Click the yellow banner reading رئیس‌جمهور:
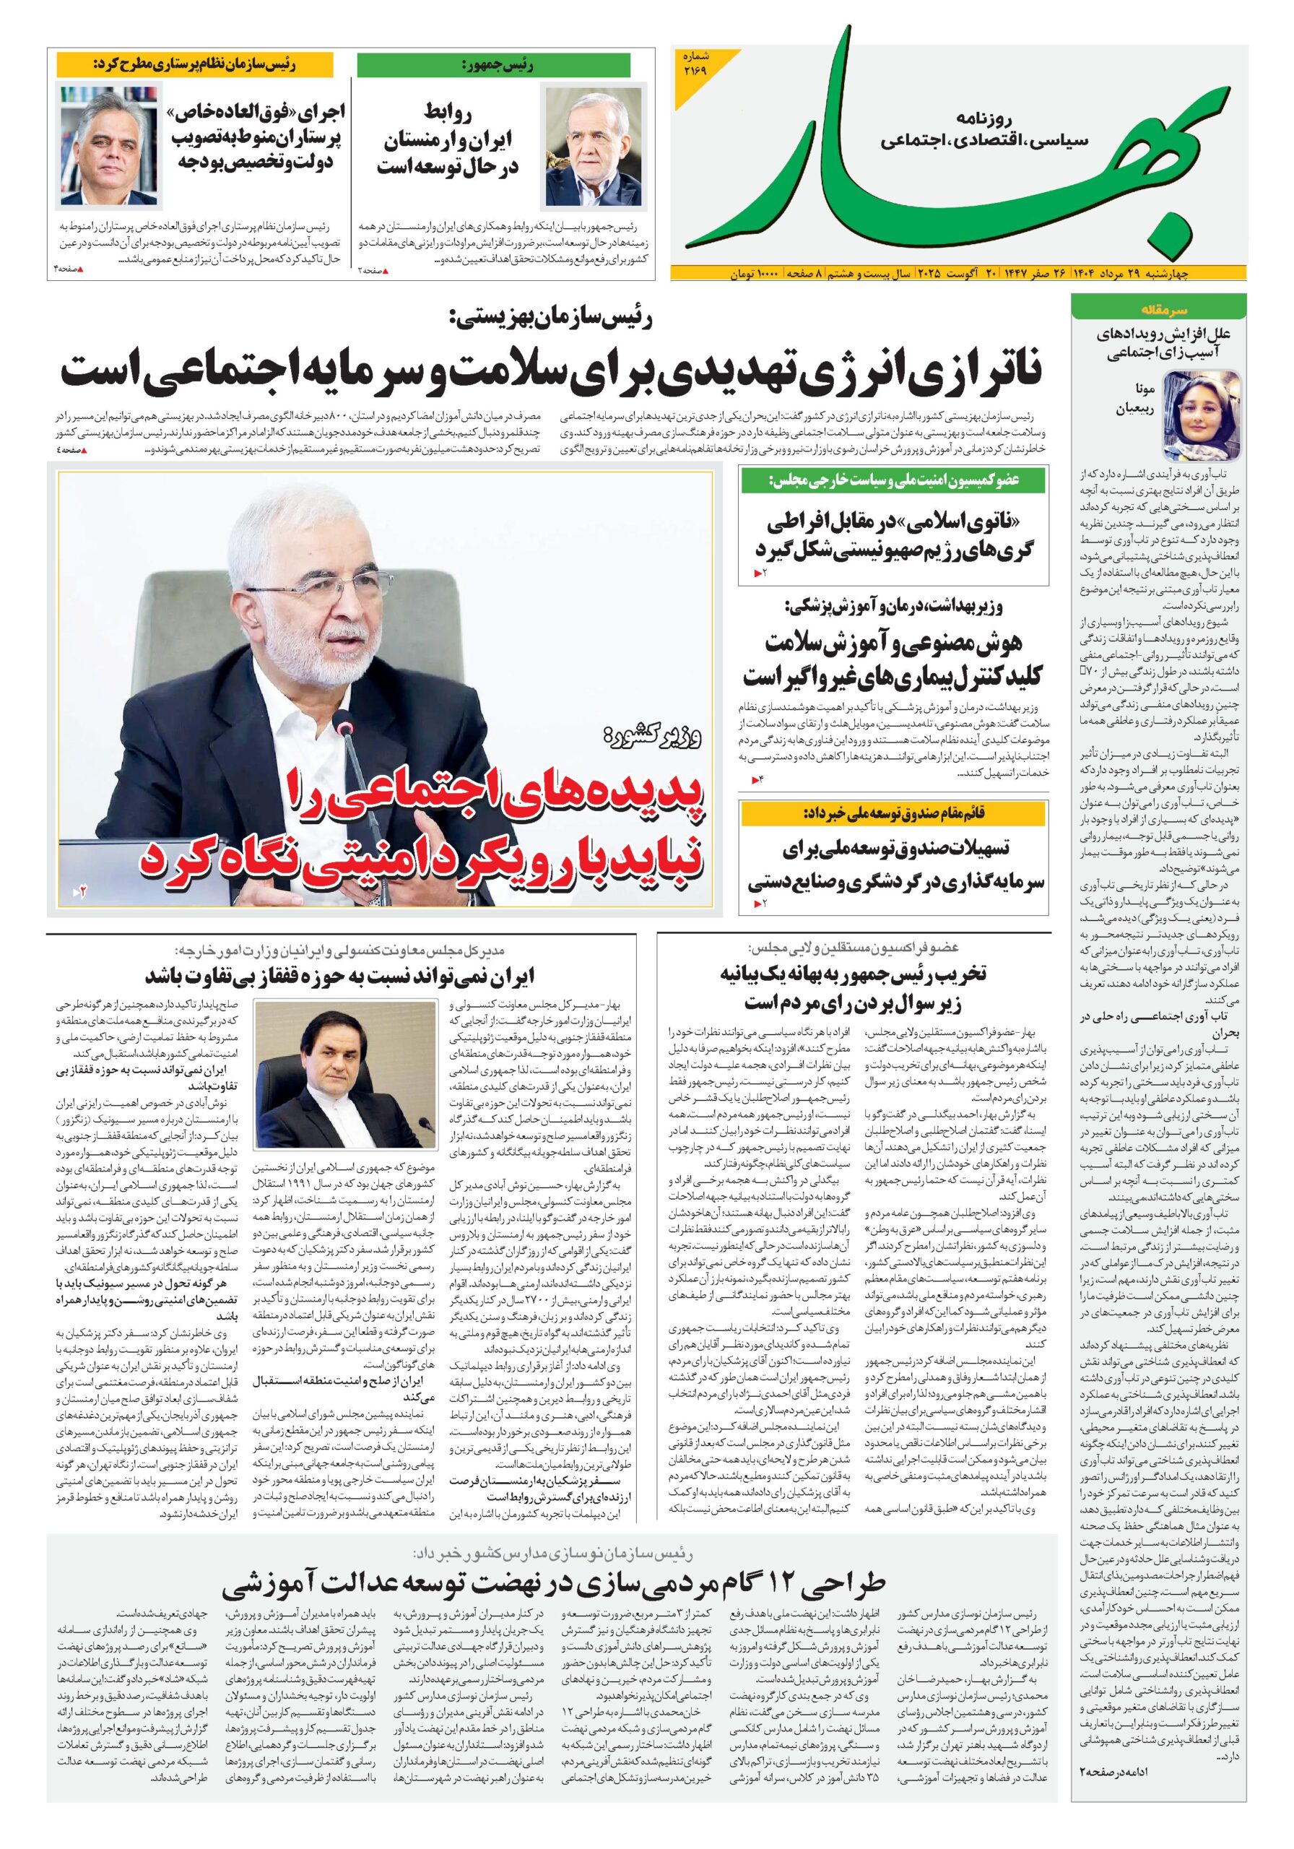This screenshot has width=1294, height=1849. (492, 65)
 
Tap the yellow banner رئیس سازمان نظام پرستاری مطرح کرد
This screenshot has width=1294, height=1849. (194, 65)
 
